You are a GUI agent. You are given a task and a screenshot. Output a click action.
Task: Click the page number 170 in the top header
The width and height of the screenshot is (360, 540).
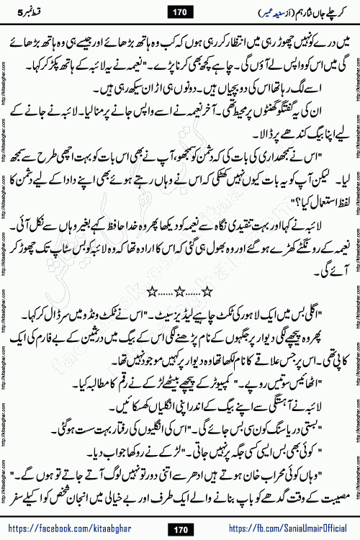pos(179,11)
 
